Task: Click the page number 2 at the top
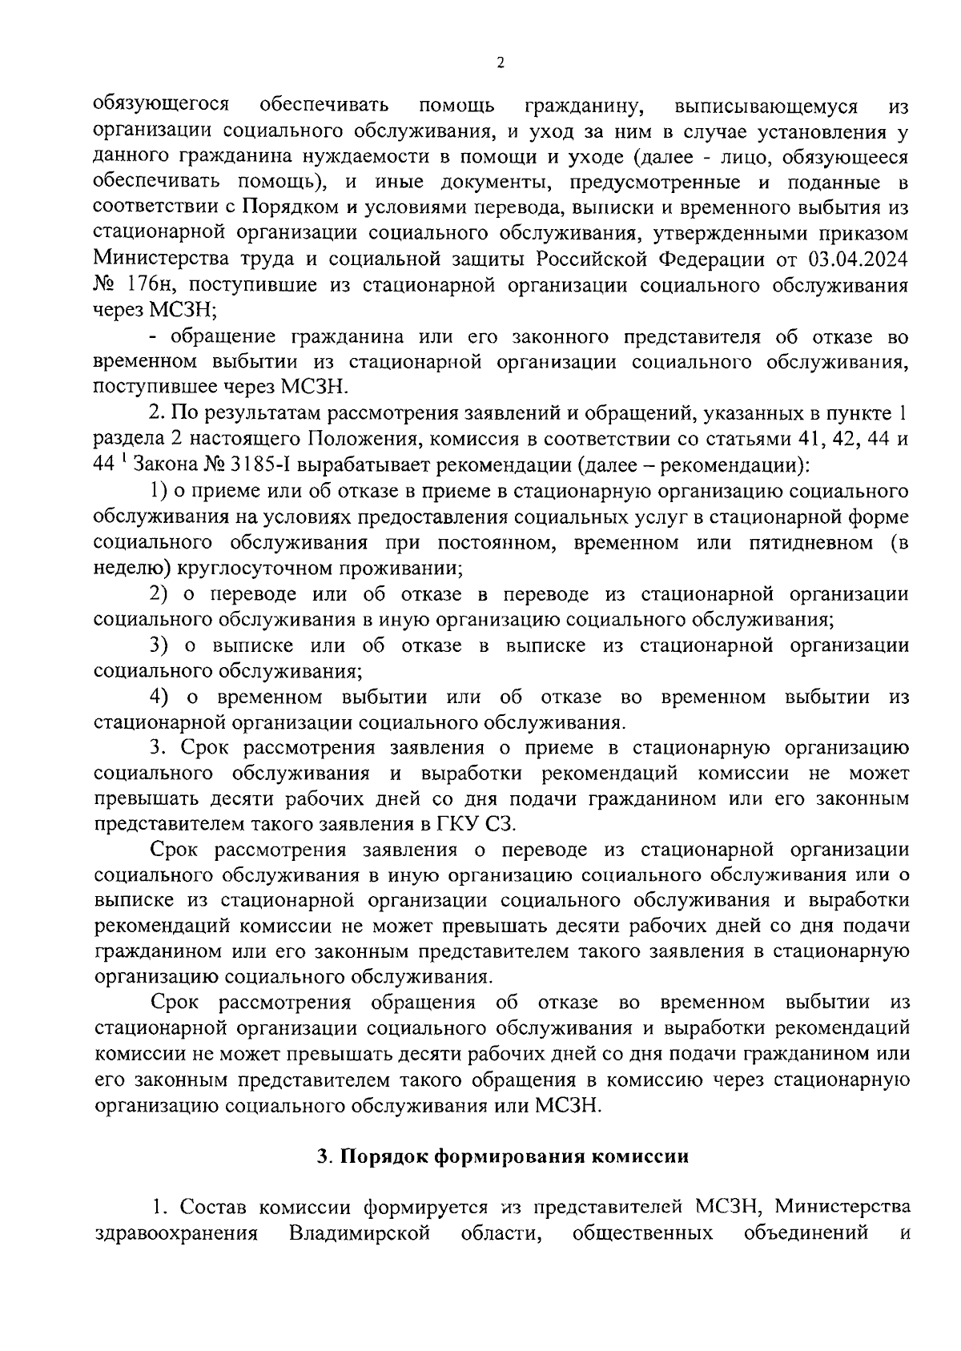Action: [x=501, y=63]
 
